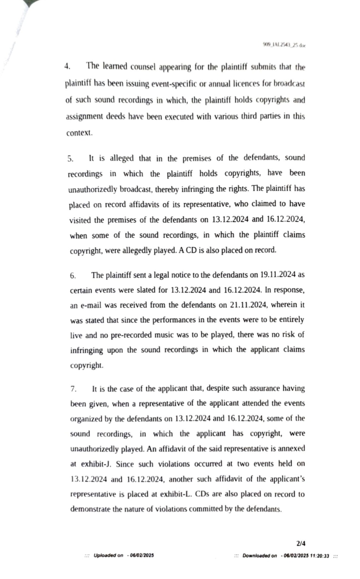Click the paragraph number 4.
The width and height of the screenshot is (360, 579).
[67, 67]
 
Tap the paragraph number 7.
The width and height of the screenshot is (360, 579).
[73, 389]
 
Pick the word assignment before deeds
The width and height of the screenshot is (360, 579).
[84, 117]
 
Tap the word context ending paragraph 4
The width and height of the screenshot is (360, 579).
[79, 133]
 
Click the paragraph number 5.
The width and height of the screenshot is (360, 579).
[70, 159]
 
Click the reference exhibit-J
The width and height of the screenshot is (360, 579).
[96, 464]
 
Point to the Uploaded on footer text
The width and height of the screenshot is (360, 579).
[108, 555]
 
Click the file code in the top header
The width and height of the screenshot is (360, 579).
[284, 46]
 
